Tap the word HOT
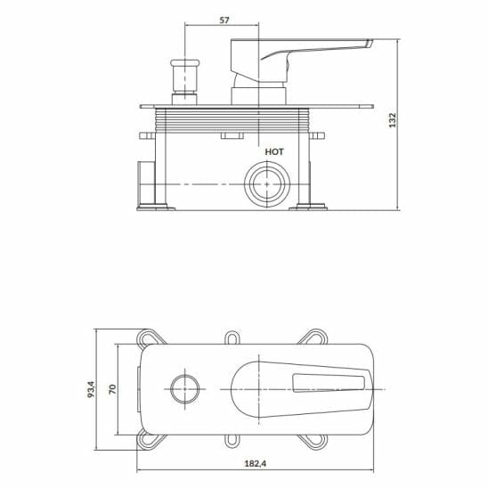(274, 152)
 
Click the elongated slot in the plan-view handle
(329, 384)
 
